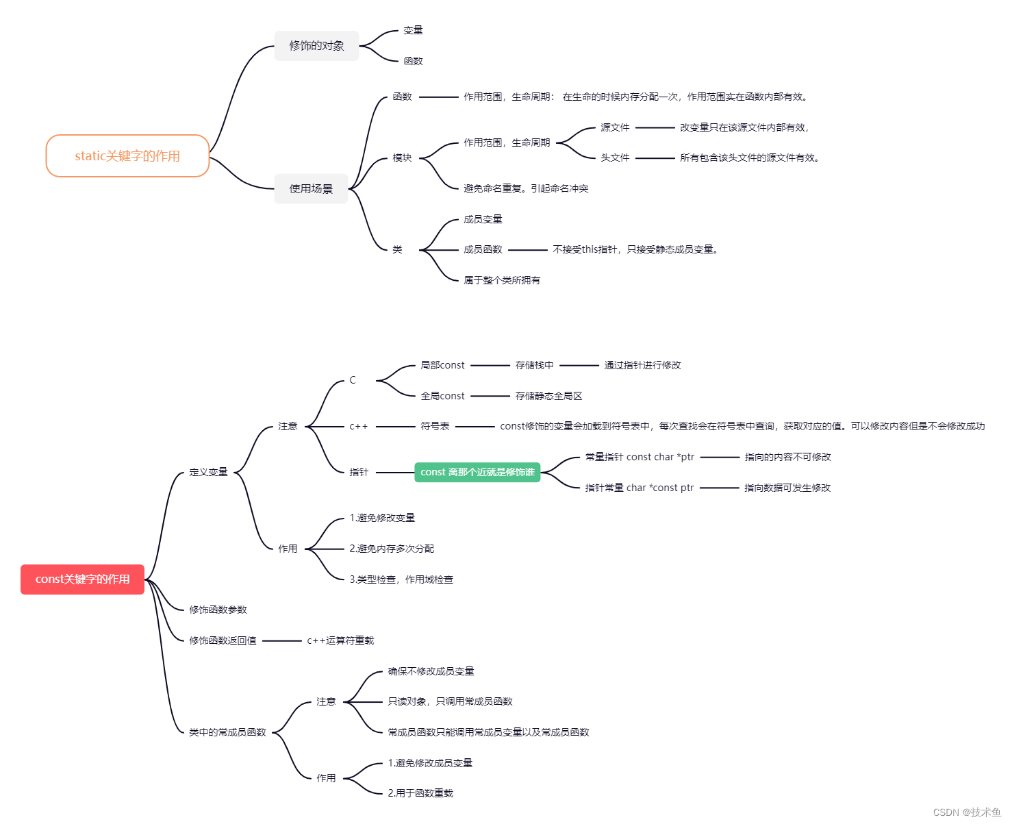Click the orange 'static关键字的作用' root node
[127, 156]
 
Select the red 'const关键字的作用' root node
[82, 579]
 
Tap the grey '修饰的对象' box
[316, 46]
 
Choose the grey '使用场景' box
[311, 189]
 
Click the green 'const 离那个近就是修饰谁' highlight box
[477, 473]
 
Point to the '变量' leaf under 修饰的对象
[413, 30]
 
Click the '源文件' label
[615, 127]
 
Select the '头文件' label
[615, 158]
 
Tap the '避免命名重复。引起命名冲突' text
[526, 188]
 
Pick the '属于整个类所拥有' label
[502, 280]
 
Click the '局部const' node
[442, 366]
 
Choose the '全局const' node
[442, 396]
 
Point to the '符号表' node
[435, 427]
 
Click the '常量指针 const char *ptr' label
[640, 457]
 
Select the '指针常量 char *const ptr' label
[640, 488]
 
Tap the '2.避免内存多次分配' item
[392, 549]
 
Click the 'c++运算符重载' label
[340, 641]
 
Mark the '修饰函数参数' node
[218, 610]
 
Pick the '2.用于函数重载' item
[420, 793]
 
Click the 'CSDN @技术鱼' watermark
[967, 812]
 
